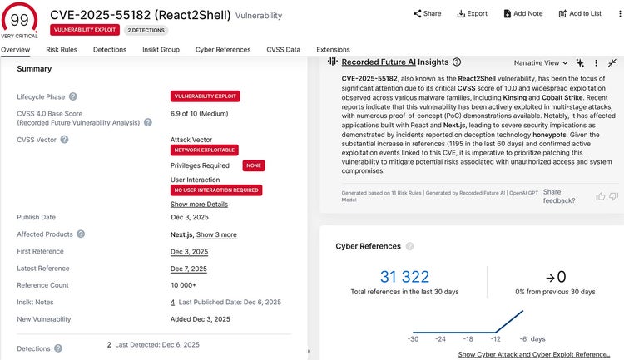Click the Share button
427,13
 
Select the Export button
472,13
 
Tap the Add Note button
522,13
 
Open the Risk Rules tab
62,50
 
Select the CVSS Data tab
283,50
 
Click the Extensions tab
333,50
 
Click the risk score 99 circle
19,16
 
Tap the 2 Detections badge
146,30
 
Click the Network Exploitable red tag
204,150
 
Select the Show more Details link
199,205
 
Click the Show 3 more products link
216,234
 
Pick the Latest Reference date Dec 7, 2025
189,269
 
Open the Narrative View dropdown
541,62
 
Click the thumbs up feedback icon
600,196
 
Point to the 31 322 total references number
404,277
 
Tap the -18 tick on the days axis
468,339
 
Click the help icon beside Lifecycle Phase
73,96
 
